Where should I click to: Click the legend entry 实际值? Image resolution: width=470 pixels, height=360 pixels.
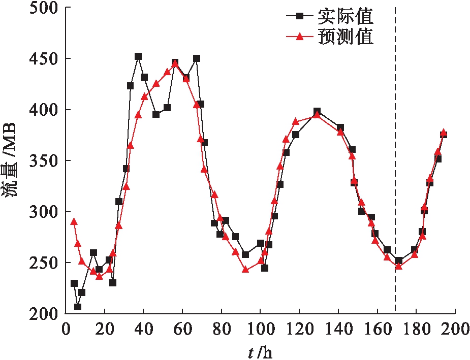coord(346,17)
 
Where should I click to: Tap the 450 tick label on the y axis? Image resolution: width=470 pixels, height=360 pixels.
coord(43,59)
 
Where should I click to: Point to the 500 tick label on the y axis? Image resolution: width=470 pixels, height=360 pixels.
coord(43,8)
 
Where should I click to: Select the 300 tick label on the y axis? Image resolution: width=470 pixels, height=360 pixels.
coord(43,212)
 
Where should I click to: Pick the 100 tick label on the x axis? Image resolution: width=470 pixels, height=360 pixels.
coord(260,329)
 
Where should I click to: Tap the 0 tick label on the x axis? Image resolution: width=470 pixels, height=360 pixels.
coord(66,329)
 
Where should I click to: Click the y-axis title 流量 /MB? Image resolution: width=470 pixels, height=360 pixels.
coord(11,161)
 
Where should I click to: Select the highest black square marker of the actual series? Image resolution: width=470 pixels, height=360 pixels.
coord(138,56)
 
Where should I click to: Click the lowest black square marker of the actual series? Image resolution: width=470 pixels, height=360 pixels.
coord(78,307)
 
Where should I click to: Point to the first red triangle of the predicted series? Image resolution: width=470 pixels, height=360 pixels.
coord(74,222)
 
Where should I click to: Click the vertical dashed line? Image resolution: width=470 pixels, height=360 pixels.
coord(395,152)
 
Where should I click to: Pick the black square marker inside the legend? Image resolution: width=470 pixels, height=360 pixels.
coord(300,17)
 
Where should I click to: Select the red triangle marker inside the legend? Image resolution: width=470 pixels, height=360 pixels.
coord(300,37)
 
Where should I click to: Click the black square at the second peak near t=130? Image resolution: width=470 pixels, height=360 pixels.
coord(317,111)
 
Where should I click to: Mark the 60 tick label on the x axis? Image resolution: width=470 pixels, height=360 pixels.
coord(182,329)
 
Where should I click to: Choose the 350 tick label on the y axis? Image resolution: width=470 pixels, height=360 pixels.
coord(43,161)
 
